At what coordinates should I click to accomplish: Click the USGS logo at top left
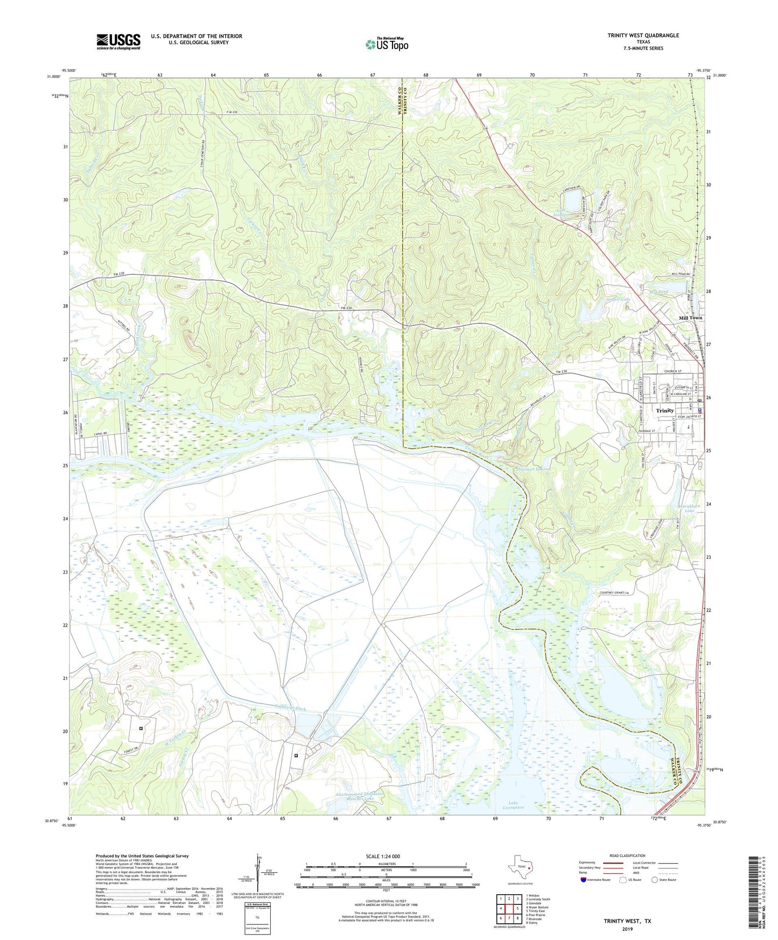[118, 41]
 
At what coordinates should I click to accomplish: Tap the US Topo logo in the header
[387, 44]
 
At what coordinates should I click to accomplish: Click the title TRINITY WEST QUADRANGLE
[643, 36]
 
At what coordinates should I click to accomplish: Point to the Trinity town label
[664, 411]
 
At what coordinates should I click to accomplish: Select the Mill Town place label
[690, 318]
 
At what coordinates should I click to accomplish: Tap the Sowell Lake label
[618, 299]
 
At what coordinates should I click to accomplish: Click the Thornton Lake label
[531, 469]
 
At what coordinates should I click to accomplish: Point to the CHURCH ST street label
[672, 371]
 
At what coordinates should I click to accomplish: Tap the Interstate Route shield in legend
[584, 880]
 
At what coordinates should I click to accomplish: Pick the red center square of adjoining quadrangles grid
[509, 909]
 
